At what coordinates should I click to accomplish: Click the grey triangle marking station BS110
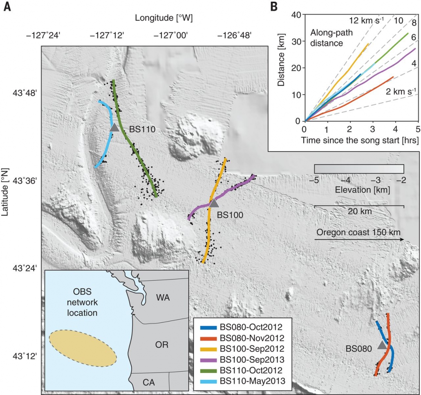[115, 128]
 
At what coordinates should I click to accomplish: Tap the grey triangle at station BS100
[214, 203]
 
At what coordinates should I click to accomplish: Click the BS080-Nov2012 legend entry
[245, 338]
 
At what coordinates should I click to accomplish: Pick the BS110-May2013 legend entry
[245, 381]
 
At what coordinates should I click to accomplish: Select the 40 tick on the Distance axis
[296, 14]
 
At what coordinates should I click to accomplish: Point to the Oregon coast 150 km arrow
[360, 239]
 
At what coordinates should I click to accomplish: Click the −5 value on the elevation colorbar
[314, 180]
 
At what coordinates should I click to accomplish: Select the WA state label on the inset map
[163, 298]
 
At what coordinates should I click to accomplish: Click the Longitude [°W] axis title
[164, 18]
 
